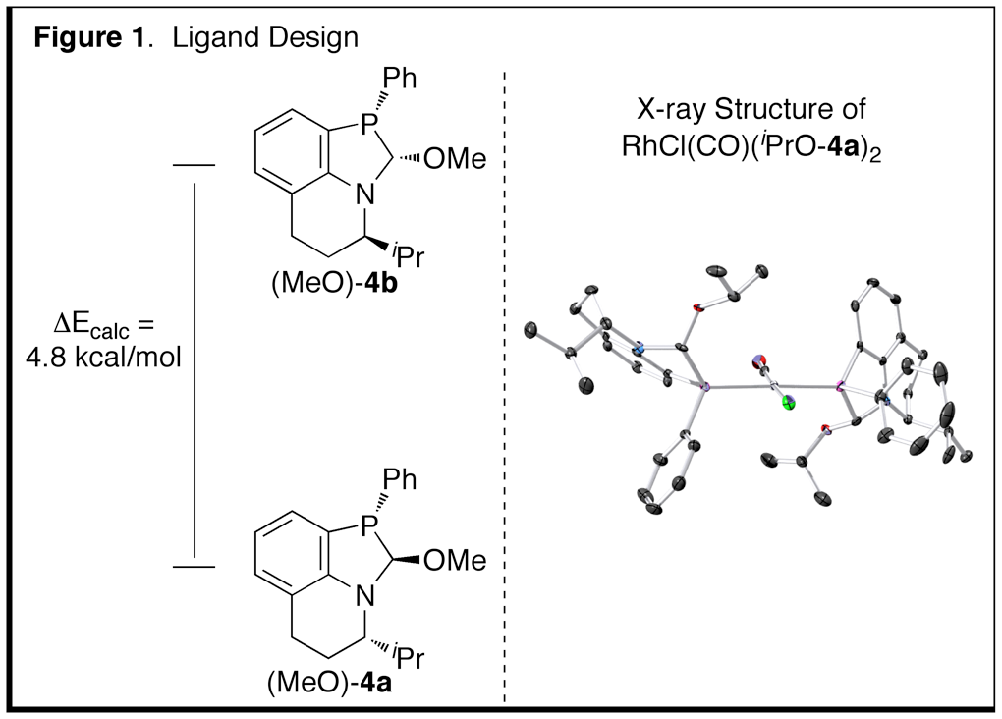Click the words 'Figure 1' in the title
[x=84, y=38]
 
